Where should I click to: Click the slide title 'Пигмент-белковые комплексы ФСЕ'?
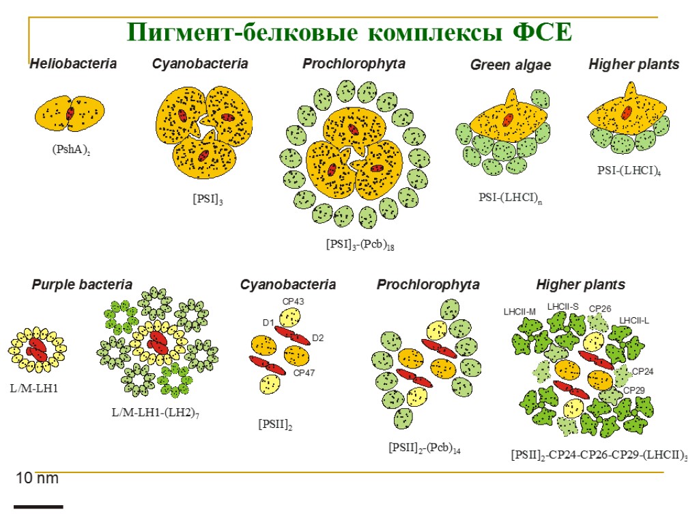point(349,31)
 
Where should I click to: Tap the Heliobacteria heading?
point(73,64)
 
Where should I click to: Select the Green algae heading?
point(511,65)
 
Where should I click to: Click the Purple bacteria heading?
point(82,284)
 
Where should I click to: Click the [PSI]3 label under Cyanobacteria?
point(208,200)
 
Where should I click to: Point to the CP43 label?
point(293,301)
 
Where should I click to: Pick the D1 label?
point(268,323)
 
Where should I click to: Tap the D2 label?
point(317,338)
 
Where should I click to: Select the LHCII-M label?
point(519,312)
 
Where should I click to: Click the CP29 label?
point(633,390)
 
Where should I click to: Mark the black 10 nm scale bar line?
point(38,507)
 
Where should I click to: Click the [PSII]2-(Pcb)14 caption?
point(425,448)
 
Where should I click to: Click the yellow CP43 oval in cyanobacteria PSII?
point(290,318)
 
